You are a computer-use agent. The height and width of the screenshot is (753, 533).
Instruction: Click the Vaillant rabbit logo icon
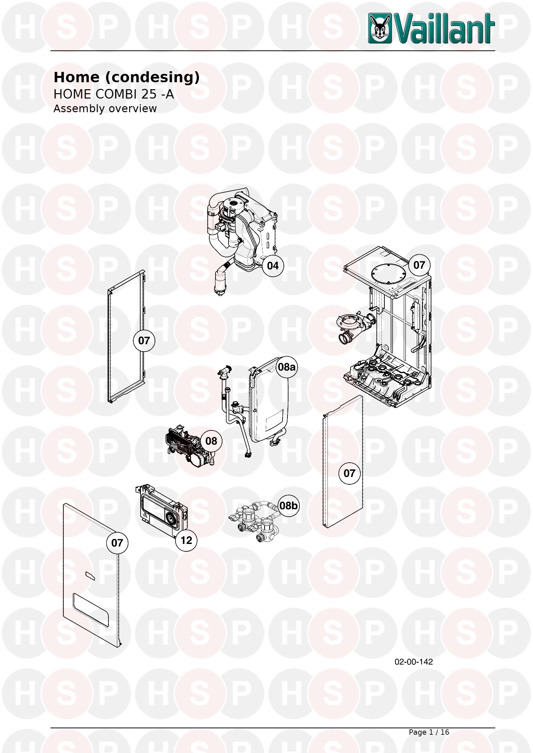[380, 28]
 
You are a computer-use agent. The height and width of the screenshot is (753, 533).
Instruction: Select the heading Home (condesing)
[127, 78]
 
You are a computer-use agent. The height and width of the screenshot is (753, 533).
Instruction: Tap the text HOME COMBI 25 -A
[114, 94]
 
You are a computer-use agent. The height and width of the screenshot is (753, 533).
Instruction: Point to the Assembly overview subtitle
[105, 109]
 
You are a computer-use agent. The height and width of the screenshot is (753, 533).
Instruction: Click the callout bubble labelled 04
[272, 266]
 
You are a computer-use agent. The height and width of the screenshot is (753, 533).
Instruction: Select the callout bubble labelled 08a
[286, 367]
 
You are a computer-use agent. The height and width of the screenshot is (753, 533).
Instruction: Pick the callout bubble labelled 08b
[288, 506]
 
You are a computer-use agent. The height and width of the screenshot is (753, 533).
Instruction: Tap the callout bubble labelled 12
[186, 540]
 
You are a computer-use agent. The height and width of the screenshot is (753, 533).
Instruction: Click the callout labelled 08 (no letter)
[211, 441]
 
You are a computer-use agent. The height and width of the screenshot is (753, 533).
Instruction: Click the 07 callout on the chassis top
[419, 265]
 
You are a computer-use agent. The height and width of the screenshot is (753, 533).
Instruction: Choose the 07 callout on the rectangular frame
[144, 341]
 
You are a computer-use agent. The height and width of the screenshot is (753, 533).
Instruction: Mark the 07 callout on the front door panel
[117, 543]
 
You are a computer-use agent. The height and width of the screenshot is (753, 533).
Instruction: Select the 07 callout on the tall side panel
[349, 473]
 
